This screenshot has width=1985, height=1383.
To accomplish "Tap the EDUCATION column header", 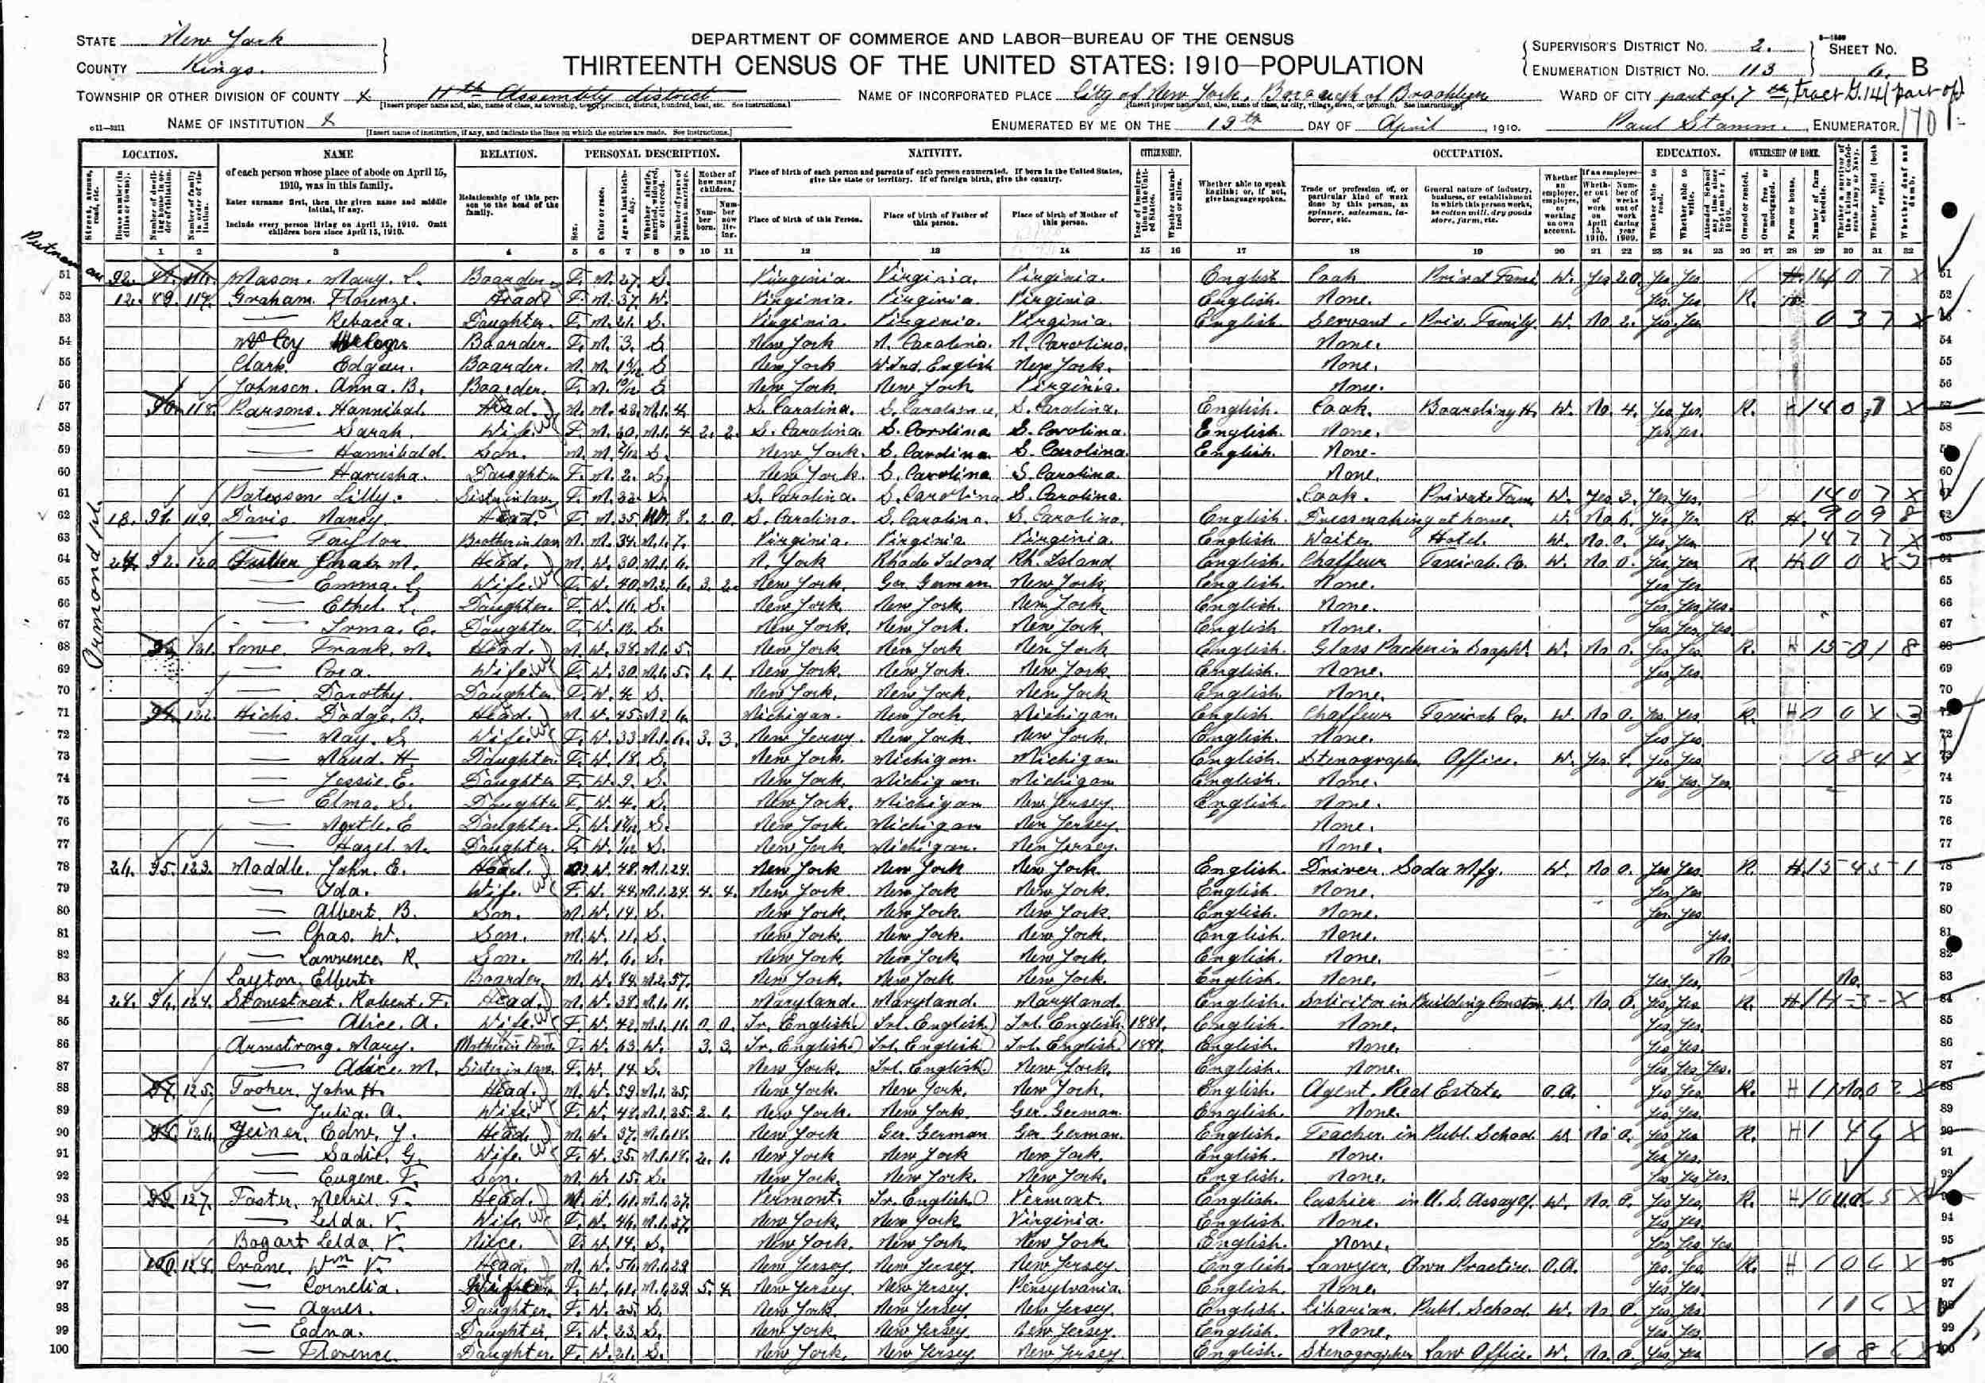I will tap(1685, 153).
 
